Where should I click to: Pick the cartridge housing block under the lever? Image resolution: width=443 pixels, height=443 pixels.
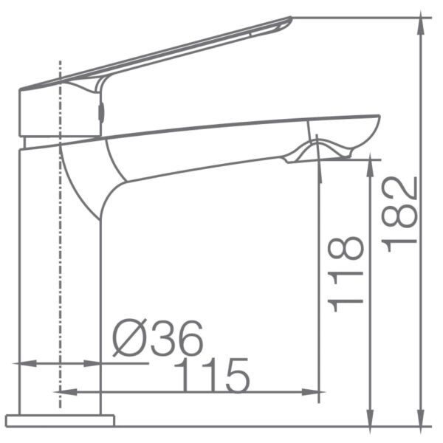point(59,111)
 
